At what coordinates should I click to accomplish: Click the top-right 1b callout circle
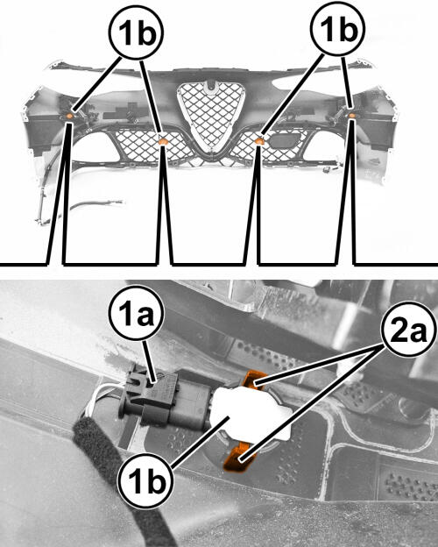tap(338, 29)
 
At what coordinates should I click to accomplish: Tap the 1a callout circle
tap(137, 313)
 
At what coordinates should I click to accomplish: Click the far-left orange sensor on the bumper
tap(69, 116)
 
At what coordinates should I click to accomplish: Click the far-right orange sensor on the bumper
tap(352, 116)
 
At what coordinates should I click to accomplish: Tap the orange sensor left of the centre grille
tap(163, 141)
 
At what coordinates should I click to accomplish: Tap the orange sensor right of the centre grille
tap(259, 141)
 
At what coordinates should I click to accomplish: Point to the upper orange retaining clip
tap(254, 380)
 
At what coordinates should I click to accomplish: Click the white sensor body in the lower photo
tap(251, 413)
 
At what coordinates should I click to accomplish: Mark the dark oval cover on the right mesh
tap(286, 140)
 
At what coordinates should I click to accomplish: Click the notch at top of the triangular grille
tap(210, 86)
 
